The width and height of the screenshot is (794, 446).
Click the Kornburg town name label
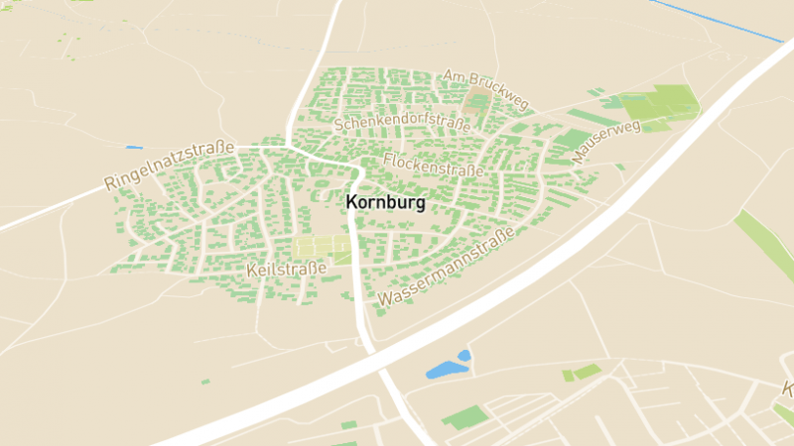(x=386, y=202)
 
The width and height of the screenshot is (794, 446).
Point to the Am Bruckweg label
(x=487, y=90)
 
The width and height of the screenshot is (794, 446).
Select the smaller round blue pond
(x=463, y=355)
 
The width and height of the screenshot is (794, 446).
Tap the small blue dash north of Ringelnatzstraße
(x=134, y=148)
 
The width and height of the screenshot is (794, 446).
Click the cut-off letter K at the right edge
(x=787, y=390)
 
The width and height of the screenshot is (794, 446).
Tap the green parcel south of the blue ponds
(x=462, y=416)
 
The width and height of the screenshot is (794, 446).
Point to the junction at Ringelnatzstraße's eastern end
(x=288, y=147)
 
